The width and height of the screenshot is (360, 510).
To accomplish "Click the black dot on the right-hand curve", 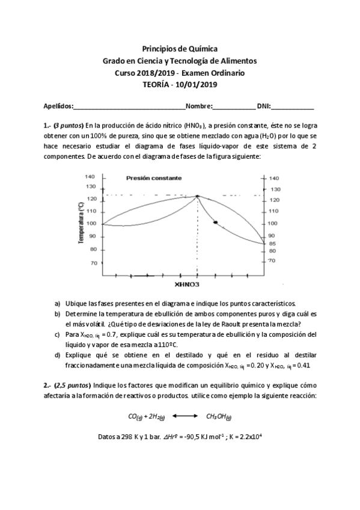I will [215, 223].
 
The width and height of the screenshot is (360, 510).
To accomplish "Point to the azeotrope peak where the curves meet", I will [197, 195].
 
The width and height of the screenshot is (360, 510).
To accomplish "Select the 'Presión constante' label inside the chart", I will [154, 178].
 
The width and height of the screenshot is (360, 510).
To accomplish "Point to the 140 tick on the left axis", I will [90, 177].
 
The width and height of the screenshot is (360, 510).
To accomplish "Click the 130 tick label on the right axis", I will [274, 189].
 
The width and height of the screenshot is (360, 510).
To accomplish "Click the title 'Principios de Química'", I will [180, 49].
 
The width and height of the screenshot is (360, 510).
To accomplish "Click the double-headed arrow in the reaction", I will [180, 416].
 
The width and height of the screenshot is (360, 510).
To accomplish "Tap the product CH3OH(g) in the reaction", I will [219, 416].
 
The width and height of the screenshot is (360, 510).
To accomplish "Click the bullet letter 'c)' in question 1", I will [57, 334].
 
